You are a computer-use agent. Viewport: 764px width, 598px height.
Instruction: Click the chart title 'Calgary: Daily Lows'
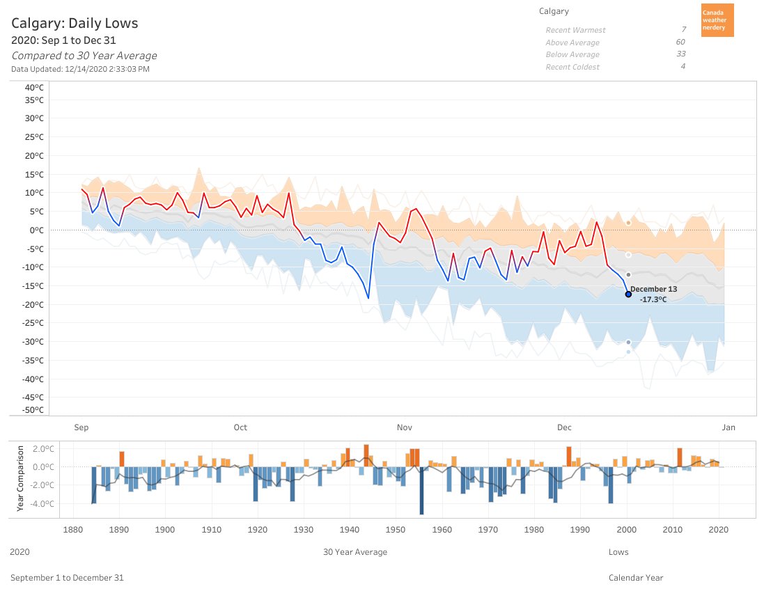[x=75, y=23]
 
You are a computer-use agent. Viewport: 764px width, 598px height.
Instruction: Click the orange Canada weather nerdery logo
[x=717, y=20]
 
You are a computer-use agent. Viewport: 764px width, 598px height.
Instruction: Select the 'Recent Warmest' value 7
[x=683, y=30]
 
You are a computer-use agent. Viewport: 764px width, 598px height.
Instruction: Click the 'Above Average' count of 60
[x=680, y=42]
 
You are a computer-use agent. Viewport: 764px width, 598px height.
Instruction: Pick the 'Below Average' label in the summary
[x=572, y=54]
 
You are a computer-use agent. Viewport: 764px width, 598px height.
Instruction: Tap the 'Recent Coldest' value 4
[x=683, y=67]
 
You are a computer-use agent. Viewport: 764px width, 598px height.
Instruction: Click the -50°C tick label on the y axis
[x=33, y=410]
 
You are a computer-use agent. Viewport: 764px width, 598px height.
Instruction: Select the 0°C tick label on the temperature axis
[x=37, y=230]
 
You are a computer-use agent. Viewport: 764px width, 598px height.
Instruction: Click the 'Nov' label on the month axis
[x=404, y=427]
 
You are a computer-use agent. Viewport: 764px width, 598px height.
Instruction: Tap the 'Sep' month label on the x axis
[x=81, y=427]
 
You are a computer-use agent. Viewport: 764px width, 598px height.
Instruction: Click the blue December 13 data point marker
[x=628, y=294]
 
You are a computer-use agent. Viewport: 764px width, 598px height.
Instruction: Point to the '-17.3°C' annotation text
[x=653, y=299]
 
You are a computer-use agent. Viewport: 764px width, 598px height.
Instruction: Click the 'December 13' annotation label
[x=653, y=289]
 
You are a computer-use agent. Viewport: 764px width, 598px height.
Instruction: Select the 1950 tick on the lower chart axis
[x=396, y=529]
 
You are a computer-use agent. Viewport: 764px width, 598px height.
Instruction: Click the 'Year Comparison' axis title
[x=20, y=478]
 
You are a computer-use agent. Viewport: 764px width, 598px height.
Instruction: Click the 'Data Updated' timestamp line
[x=80, y=69]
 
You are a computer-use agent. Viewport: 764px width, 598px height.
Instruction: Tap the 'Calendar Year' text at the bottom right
[x=636, y=577]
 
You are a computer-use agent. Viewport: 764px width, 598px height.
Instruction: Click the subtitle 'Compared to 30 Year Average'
[x=84, y=56]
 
